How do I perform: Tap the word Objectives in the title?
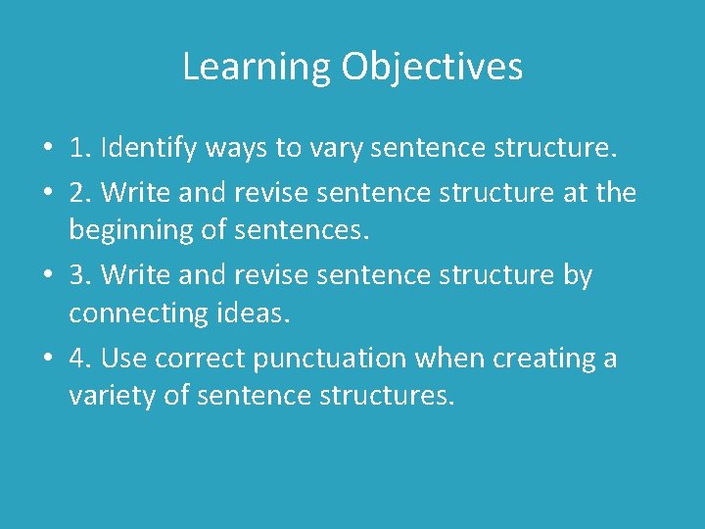coord(432,68)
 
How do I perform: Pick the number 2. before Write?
coord(80,191)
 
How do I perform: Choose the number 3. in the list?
coord(80,275)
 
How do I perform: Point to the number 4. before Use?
coord(80,359)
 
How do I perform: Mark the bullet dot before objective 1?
coord(47,150)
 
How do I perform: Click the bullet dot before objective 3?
coord(47,276)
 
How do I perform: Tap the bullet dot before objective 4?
coord(47,360)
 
